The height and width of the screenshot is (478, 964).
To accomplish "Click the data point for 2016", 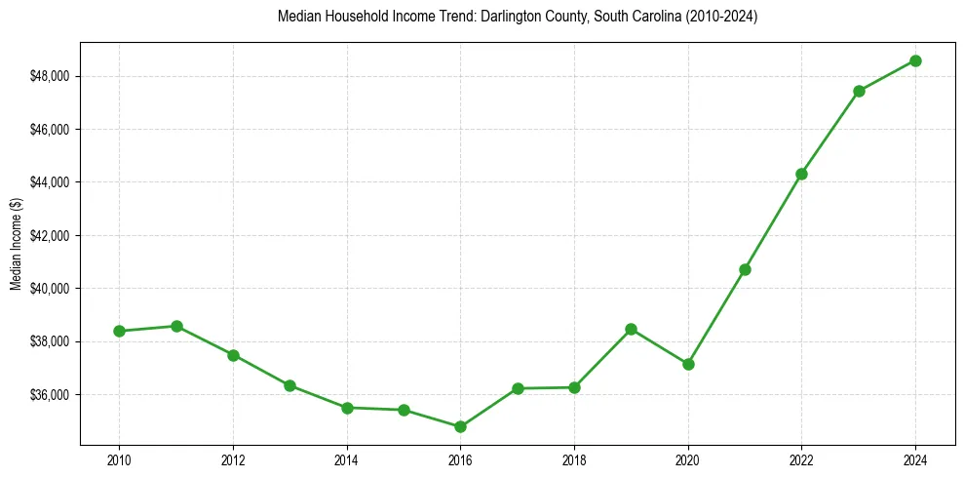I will click(460, 426).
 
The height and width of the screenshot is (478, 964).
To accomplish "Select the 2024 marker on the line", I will click(915, 60).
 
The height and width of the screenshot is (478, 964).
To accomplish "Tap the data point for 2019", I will click(631, 329).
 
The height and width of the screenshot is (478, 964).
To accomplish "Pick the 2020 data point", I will click(688, 364).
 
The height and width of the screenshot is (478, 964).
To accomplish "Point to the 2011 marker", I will click(176, 326).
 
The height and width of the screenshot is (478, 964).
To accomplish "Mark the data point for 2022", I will click(801, 174).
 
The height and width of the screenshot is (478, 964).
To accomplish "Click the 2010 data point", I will click(119, 331).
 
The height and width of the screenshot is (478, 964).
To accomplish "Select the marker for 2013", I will click(289, 385).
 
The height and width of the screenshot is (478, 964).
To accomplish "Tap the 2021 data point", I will click(745, 269).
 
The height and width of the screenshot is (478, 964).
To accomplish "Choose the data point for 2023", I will click(859, 91).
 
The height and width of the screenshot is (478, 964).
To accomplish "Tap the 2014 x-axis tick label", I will click(347, 458).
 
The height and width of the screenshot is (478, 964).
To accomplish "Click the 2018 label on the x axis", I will click(574, 458).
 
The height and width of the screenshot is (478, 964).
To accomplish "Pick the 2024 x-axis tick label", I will click(915, 458).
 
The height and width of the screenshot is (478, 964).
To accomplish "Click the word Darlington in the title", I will click(510, 18).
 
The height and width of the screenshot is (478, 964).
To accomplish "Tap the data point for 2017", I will click(518, 388).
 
